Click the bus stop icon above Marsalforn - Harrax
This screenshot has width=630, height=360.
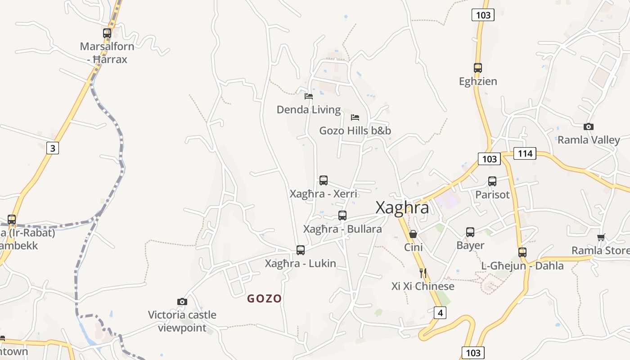[107, 33]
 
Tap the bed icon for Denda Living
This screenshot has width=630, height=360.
[309, 96]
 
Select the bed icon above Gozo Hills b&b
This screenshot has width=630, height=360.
[355, 117]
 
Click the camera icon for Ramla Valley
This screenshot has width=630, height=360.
[588, 127]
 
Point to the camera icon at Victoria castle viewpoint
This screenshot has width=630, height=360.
[182, 301]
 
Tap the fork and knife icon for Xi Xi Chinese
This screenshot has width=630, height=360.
[423, 273]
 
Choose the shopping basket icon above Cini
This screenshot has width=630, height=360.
[413, 234]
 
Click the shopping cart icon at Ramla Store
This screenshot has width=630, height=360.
[601, 237]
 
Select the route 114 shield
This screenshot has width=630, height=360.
[525, 153]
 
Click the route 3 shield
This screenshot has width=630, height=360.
[53, 148]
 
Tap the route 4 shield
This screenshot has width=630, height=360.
[440, 312]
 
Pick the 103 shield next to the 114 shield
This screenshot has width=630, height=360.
[489, 158]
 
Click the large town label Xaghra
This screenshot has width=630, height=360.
[402, 207]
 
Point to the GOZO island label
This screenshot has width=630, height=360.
[264, 298]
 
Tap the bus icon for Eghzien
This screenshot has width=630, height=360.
[478, 68]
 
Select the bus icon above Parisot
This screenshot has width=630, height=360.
[492, 181]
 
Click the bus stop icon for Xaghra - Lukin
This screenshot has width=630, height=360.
[301, 250]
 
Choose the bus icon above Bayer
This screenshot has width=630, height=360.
[470, 232]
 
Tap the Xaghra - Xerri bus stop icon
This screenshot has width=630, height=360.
[324, 180]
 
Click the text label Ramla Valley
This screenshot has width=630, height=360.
[589, 140]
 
